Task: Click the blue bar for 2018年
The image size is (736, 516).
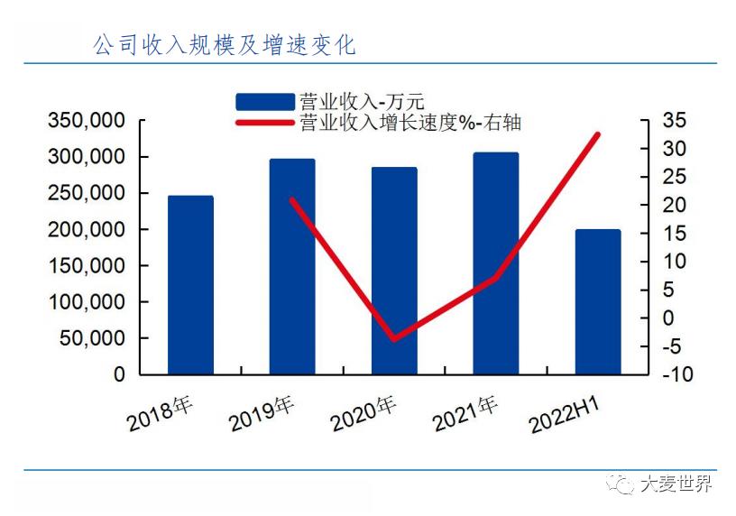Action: point(190,284)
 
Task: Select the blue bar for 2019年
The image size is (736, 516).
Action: point(292,266)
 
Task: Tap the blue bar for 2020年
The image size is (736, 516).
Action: point(394,270)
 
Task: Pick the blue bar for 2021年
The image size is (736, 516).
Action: point(496,263)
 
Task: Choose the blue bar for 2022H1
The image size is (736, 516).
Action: point(598,301)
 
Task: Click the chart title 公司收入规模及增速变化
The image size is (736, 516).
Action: point(225,44)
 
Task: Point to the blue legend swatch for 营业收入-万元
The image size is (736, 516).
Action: point(265,101)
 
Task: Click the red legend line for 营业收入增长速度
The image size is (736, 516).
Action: point(265,123)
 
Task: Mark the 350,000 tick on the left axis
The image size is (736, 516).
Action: point(87,121)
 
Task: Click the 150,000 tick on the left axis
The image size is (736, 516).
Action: point(87,266)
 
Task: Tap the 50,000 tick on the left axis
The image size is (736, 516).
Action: point(93,338)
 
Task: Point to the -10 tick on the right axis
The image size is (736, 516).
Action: point(675,374)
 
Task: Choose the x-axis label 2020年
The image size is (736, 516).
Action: point(364,414)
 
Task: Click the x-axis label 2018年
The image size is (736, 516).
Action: point(161,414)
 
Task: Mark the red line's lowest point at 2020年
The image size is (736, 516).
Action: point(394,339)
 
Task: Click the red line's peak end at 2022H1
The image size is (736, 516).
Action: point(597,134)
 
